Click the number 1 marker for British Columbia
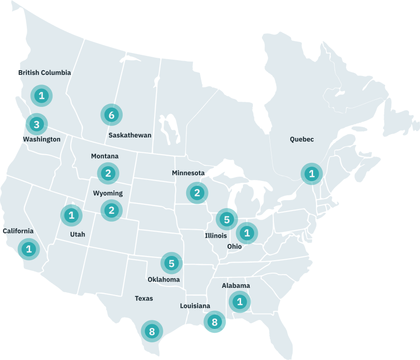point(42,95)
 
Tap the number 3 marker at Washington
point(36,125)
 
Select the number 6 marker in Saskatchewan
point(112,115)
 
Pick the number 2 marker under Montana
point(108,173)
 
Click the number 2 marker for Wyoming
point(112,210)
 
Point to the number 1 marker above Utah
point(72,215)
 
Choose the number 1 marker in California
point(29,249)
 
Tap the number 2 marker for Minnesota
point(197,193)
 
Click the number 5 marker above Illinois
point(227,220)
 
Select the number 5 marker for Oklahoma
point(171,263)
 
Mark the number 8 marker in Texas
point(152,331)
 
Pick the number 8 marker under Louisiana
point(215,322)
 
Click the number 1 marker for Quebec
point(312,174)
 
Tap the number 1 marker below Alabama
point(240,302)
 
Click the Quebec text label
point(302,139)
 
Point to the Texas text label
point(144,298)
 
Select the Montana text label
point(105,156)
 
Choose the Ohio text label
point(234,246)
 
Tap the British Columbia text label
point(45,73)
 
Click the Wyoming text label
point(108,193)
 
